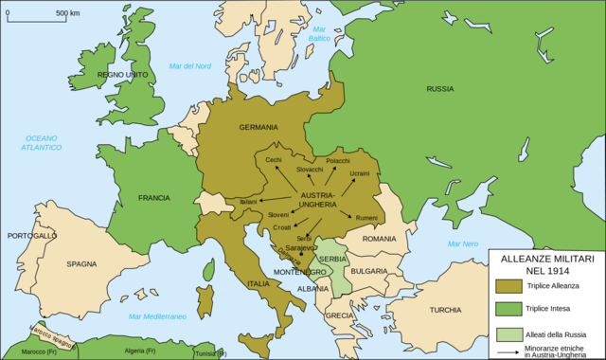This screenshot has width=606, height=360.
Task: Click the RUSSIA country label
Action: [439, 89]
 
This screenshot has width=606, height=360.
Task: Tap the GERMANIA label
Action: [258, 127]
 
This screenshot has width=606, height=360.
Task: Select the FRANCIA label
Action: [153, 198]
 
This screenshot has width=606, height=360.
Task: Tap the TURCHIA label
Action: [443, 310]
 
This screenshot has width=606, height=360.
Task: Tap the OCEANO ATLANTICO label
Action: [43, 143]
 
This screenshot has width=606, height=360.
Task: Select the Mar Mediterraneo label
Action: [154, 315]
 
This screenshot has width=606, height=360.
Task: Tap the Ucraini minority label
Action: [360, 173]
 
